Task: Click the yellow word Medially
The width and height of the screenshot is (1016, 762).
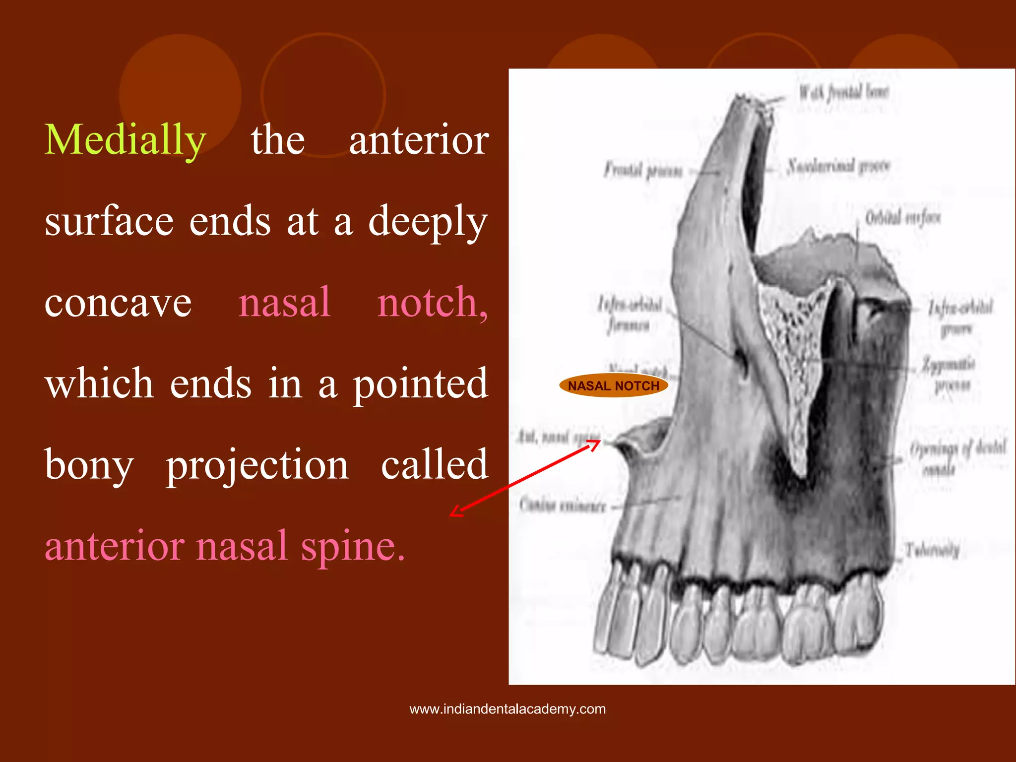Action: (125, 141)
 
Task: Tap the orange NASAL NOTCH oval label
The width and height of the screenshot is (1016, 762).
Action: (613, 385)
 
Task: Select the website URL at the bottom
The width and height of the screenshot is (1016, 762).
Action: (508, 709)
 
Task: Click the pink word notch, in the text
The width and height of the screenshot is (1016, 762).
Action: (433, 303)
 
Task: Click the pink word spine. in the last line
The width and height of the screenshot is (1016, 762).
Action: (353, 546)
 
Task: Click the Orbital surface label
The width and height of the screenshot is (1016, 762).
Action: (902, 218)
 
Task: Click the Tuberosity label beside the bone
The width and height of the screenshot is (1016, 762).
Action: (932, 550)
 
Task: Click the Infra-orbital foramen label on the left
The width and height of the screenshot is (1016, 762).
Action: (630, 315)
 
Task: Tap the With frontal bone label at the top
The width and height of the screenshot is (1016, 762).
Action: (843, 92)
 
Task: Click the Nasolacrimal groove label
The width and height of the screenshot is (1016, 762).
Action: (838, 166)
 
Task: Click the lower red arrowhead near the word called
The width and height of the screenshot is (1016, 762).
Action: (455, 512)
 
